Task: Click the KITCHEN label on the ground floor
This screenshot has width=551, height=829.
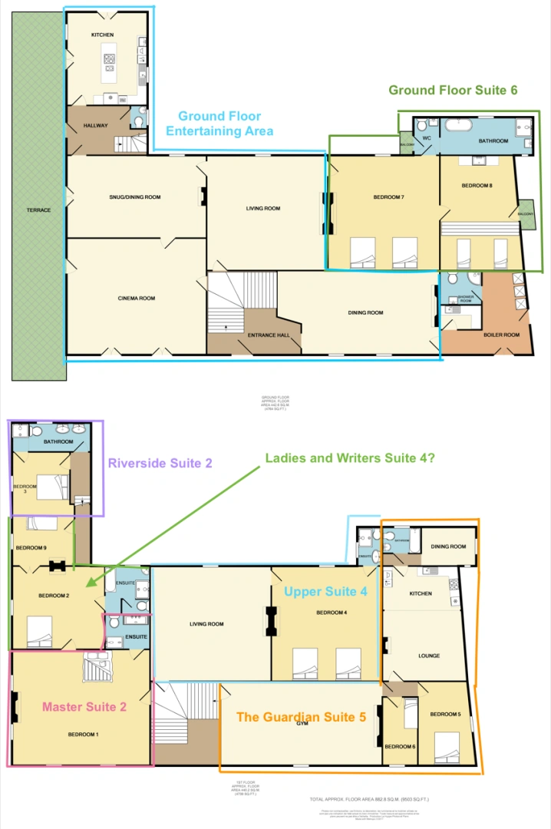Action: tap(103, 35)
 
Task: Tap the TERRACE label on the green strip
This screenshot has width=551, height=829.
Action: tap(38, 210)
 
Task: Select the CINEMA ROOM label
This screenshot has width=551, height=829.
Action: tap(137, 298)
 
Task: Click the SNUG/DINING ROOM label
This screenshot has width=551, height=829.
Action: tap(135, 197)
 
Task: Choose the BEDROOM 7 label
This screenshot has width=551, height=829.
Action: tap(389, 197)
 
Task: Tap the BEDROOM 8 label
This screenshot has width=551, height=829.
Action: tap(477, 187)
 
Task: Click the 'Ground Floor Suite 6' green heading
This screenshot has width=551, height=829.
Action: tap(453, 90)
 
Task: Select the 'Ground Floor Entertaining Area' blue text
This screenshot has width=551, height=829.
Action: tap(219, 124)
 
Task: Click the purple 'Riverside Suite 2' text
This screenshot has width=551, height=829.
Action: tap(160, 463)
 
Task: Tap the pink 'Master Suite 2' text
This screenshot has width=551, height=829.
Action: tap(84, 707)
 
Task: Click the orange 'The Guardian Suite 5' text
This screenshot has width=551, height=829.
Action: tap(301, 717)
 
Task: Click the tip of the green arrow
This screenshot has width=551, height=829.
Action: tap(87, 586)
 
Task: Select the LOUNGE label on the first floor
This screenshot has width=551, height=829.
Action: tap(428, 656)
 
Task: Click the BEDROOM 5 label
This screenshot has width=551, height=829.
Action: tap(445, 714)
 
